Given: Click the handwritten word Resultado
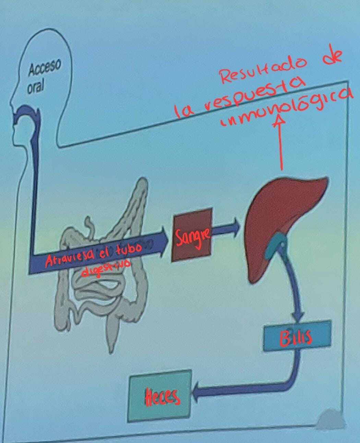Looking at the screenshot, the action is click(263, 70).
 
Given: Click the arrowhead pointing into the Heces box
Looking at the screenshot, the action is click(198, 395).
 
